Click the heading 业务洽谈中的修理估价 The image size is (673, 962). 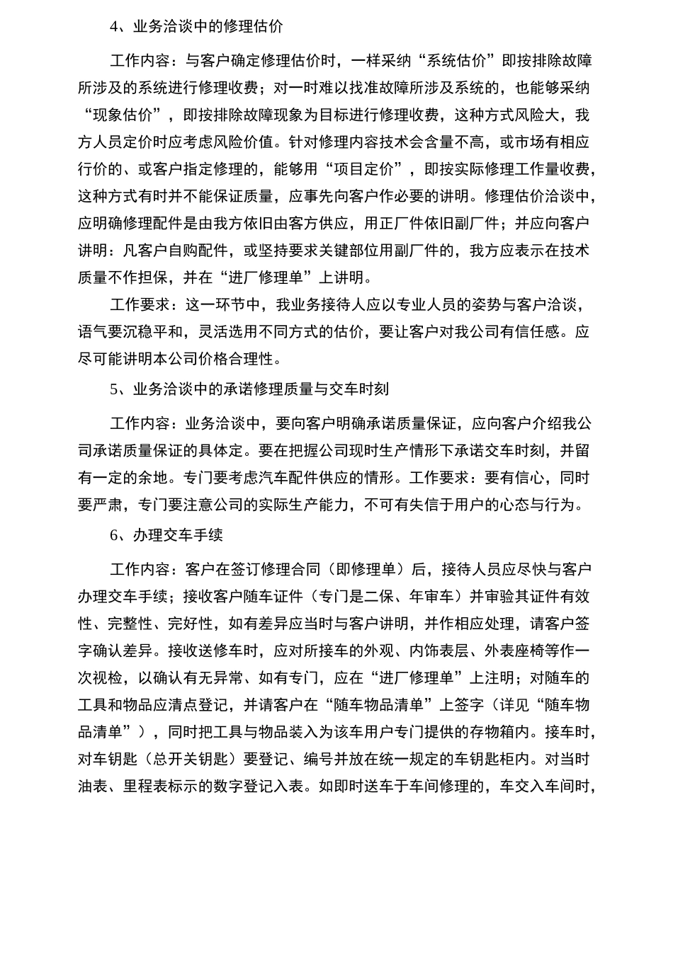pyautogui.click(x=208, y=27)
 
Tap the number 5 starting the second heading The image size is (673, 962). pyautogui.click(x=114, y=389)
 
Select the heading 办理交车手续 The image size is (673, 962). pyautogui.click(x=178, y=535)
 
